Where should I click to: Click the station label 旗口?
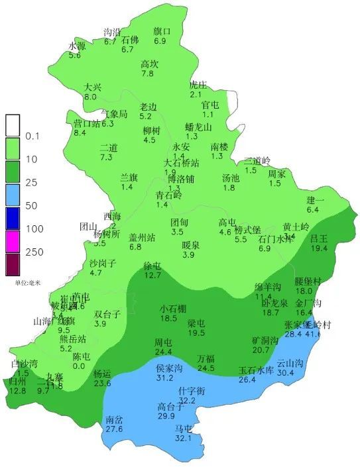(162, 31)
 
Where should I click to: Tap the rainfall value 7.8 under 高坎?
(147, 74)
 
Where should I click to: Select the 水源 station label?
(78, 46)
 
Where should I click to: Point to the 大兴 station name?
(93, 87)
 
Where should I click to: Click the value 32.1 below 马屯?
(182, 438)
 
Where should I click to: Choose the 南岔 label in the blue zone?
(114, 420)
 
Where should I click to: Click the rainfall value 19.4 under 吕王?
(320, 248)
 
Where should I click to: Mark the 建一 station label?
(315, 200)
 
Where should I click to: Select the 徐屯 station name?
(152, 266)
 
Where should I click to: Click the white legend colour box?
(13, 125)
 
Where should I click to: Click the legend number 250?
(34, 252)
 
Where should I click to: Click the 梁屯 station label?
(196, 323)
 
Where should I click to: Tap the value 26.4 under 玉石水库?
(247, 380)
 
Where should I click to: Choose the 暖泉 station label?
(192, 245)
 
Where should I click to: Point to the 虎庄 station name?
(198, 85)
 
